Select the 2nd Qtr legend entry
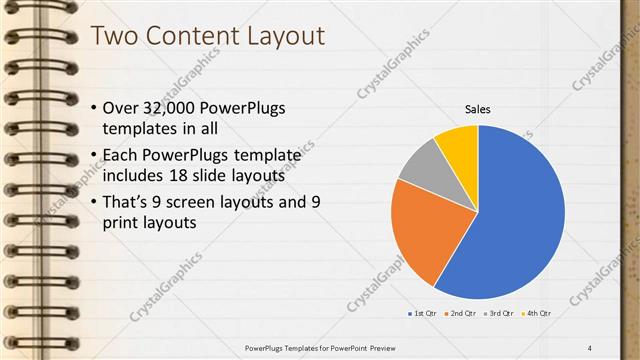[461, 314]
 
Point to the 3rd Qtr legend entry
[499, 314]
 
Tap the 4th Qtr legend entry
[537, 314]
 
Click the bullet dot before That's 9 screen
[94, 203]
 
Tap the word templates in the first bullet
[140, 130]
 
